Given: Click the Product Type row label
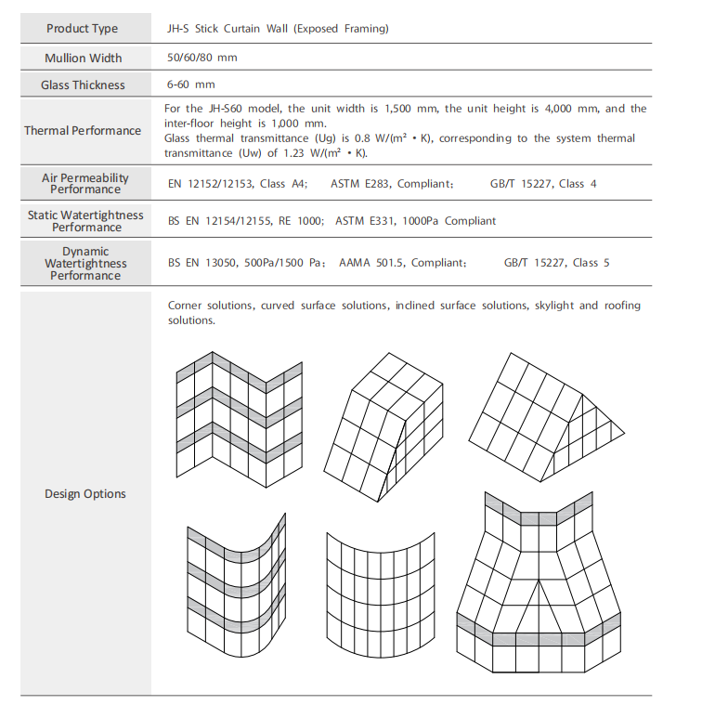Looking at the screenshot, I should pos(83,29).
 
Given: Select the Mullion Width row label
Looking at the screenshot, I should pos(83,58).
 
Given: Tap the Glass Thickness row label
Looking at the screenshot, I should pos(83,85).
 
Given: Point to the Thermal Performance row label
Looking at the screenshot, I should pos(83,131).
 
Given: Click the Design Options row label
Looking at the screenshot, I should pos(84,494).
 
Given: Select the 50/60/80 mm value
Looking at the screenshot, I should pos(202,58).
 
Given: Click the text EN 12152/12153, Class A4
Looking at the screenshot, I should pos(237,184).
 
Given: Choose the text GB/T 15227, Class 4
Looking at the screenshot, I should pos(543,184).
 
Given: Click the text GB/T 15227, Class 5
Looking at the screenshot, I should pos(557,263).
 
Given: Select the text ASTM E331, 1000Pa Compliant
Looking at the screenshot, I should pos(415,221).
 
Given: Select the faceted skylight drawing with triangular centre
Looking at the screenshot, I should pos(540,584).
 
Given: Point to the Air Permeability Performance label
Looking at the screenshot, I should pos(84,183).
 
